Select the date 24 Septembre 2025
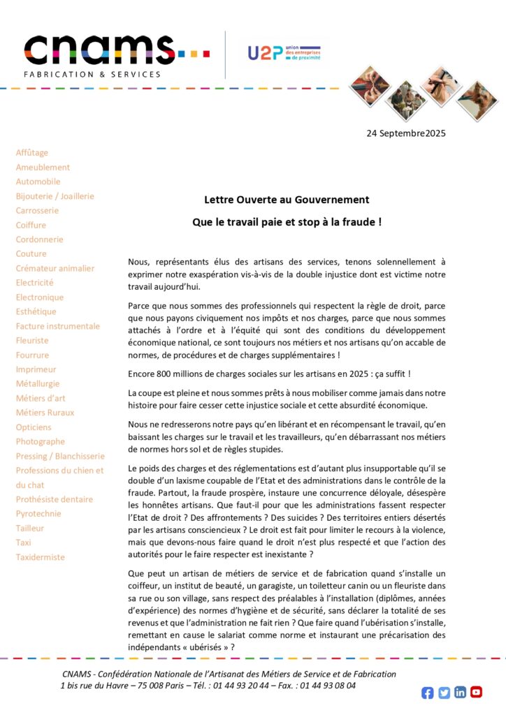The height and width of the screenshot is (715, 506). [x=405, y=133]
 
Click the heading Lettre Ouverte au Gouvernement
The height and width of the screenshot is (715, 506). [x=287, y=200]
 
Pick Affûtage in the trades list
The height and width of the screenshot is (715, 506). [x=32, y=153]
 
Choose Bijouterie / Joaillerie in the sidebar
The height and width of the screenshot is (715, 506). [x=55, y=196]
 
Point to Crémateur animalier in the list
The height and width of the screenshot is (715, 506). [x=55, y=268]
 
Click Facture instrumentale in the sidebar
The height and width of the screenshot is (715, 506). [x=58, y=326]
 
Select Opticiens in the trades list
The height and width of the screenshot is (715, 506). [x=34, y=427]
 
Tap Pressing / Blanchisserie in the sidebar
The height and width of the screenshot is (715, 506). [x=60, y=456]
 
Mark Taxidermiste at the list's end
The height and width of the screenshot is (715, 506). [x=41, y=557]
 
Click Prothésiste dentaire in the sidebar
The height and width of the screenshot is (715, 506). [x=55, y=499]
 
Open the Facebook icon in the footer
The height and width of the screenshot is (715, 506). [x=428, y=693]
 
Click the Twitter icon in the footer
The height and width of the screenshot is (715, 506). [x=444, y=693]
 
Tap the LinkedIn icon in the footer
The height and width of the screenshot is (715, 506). [x=460, y=693]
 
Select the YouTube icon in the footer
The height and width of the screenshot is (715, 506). [x=476, y=693]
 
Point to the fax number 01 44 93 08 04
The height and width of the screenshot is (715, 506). [x=328, y=686]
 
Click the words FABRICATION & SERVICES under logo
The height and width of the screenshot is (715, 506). [x=92, y=74]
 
